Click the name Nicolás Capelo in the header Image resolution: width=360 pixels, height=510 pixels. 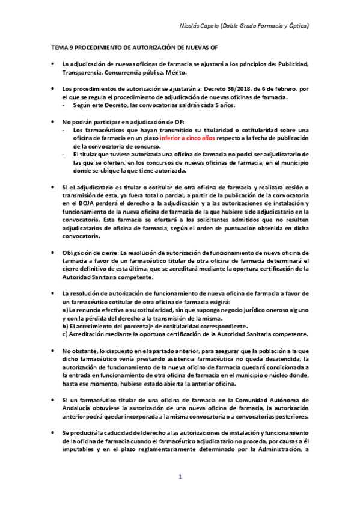coord(200,26)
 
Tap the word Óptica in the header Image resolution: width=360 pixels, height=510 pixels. coord(296,26)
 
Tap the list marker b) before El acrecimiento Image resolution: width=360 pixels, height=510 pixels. coord(66,326)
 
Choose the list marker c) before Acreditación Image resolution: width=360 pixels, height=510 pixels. coord(65,334)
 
